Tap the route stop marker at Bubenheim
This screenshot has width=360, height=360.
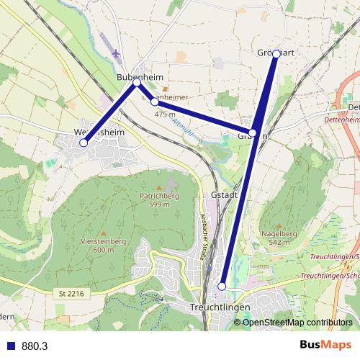coord(137,83)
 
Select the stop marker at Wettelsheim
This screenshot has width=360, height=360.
coord(84,143)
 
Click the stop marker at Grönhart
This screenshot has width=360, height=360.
coord(276,53)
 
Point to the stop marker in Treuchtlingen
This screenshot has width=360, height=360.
coord(222,286)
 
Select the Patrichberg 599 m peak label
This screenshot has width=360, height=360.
coord(159,199)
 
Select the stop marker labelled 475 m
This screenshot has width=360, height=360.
coord(155,102)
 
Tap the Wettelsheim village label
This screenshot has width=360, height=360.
coord(99,132)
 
